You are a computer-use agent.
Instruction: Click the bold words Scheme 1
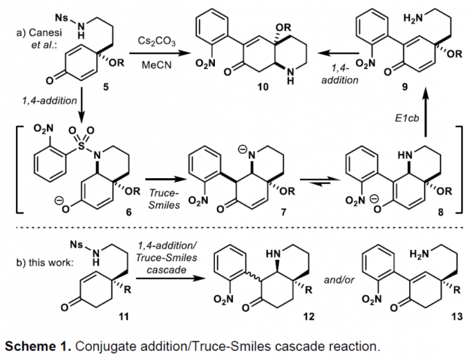click(x=38, y=344)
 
